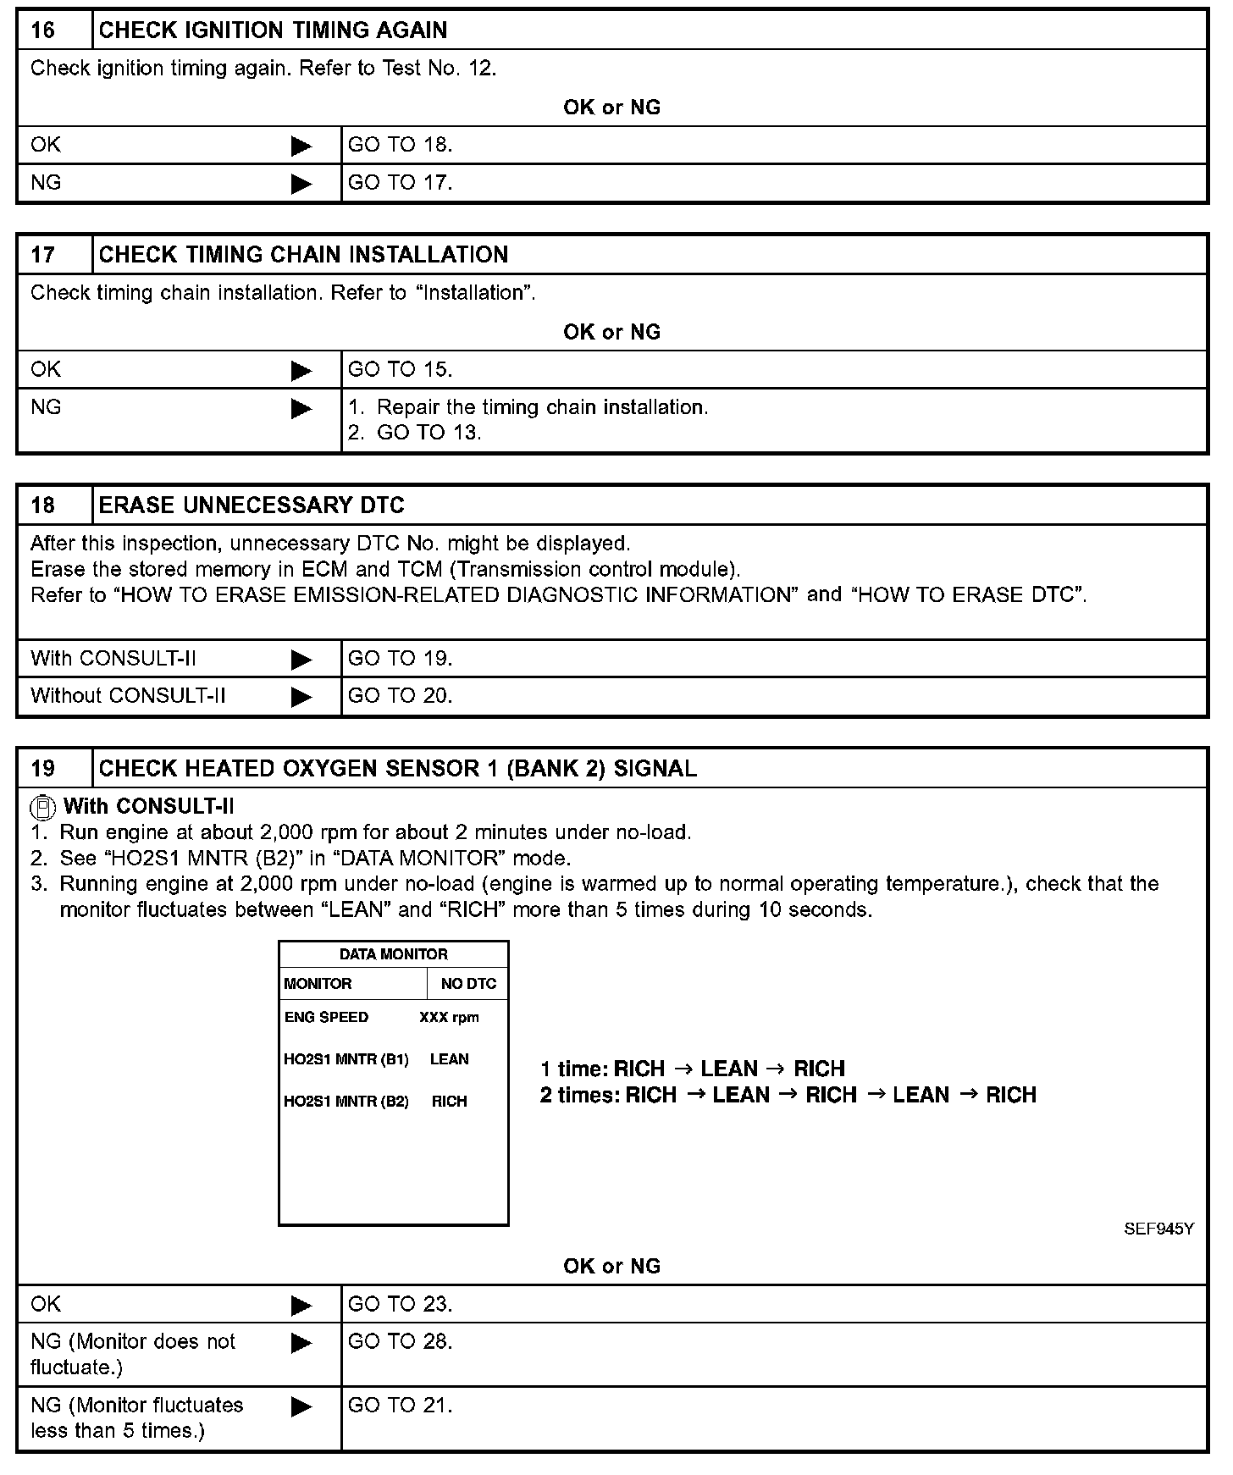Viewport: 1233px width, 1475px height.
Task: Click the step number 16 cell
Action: coord(43,30)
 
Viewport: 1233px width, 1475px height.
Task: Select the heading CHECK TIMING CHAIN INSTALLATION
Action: coord(303,255)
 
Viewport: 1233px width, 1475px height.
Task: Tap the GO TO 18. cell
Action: coord(400,145)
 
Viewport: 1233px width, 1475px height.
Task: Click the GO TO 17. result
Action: coord(400,183)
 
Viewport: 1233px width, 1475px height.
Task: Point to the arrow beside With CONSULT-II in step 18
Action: coord(301,660)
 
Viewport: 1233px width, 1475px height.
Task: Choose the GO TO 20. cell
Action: coord(400,696)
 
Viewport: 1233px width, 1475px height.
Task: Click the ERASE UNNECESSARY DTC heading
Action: coord(252,505)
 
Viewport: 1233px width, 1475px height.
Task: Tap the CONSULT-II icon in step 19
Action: coord(42,806)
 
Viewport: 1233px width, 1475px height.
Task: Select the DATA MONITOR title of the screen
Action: coord(393,954)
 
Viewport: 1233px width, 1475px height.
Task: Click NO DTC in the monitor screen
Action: coord(468,984)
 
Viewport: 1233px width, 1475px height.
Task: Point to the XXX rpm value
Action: coord(449,1018)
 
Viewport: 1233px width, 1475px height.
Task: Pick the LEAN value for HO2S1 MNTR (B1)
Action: coord(449,1059)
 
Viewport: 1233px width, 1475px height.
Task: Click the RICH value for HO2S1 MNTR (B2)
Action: coord(449,1102)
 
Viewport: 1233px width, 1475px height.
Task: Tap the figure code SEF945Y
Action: coord(1158,1229)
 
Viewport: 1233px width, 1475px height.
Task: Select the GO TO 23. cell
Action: coord(400,1305)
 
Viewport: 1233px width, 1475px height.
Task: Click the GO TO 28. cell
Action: coord(400,1342)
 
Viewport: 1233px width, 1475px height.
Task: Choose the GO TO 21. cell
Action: coord(400,1406)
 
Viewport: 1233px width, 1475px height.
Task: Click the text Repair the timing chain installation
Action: coord(542,407)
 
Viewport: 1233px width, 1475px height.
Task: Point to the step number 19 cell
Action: coord(43,769)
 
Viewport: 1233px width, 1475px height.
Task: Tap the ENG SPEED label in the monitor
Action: coord(326,1018)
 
